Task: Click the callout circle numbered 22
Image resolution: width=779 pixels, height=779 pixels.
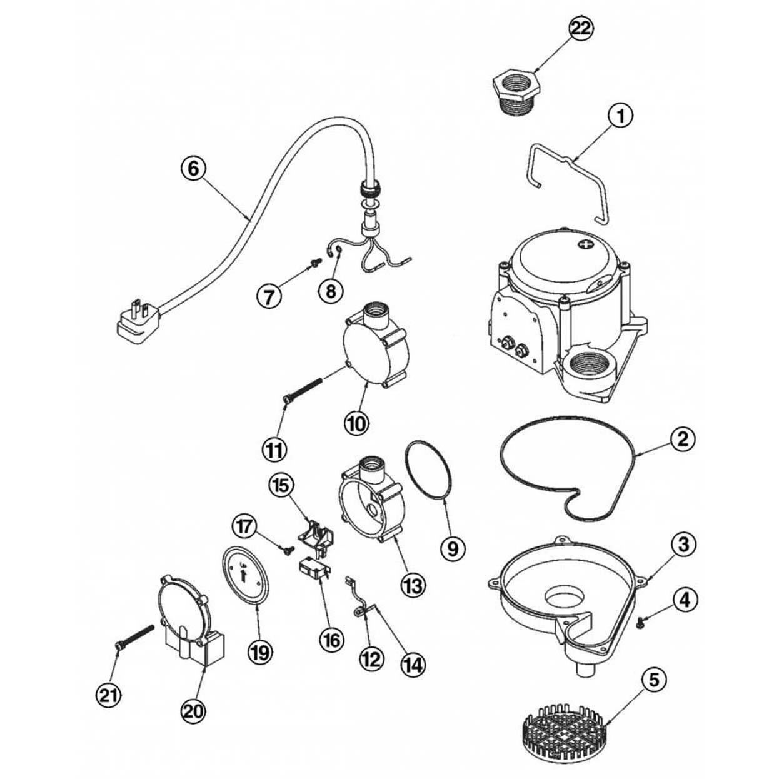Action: (x=581, y=28)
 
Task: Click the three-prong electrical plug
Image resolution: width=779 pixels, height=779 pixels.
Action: (x=133, y=319)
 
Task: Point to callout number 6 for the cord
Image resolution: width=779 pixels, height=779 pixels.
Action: (x=193, y=168)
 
